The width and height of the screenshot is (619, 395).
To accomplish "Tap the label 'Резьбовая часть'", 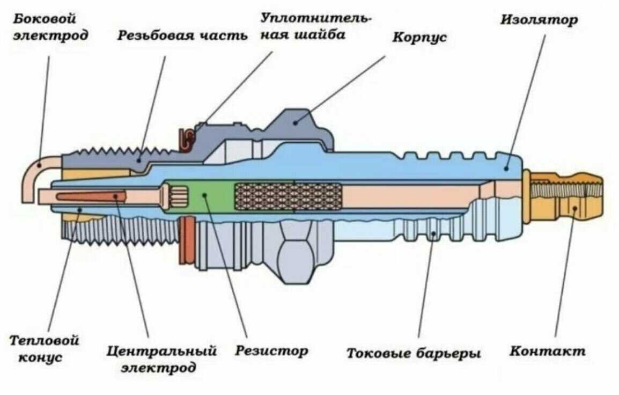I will click(x=182, y=35).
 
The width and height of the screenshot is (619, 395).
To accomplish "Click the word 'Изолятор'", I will click(x=539, y=20).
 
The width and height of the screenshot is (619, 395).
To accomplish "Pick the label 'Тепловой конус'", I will click(x=45, y=348).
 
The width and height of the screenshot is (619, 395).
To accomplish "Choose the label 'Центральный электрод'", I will click(x=161, y=359).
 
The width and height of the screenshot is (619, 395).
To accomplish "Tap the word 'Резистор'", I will click(x=271, y=351).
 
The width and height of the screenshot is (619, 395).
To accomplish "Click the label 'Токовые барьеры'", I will click(x=413, y=354).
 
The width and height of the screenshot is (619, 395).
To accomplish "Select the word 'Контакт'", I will click(x=547, y=352).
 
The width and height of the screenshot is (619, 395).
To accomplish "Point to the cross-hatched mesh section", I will click(x=288, y=196).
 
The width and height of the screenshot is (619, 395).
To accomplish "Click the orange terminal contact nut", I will click(x=569, y=196).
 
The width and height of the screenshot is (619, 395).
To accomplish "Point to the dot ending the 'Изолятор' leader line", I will click(x=505, y=168).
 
